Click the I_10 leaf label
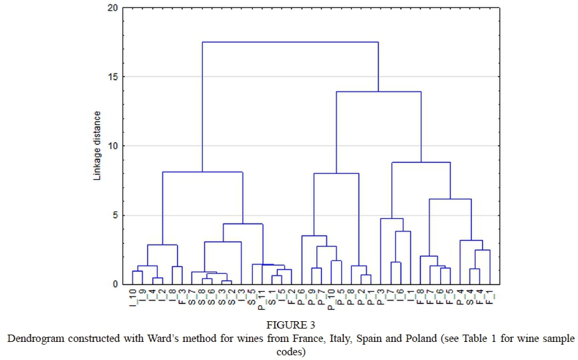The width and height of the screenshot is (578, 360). pos(133,296)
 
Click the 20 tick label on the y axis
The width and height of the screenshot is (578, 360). pos(112,8)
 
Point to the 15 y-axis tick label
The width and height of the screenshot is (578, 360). pos(112,77)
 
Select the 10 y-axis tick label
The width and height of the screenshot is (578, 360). pos(112,146)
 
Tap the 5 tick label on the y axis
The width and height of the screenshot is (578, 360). pos(115,215)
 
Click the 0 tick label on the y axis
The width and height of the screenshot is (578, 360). pos(115,284)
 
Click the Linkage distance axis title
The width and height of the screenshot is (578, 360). pos(98,146)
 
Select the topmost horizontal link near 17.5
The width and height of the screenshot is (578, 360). pos(290,42)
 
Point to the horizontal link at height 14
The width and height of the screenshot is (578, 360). pos(379,92)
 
